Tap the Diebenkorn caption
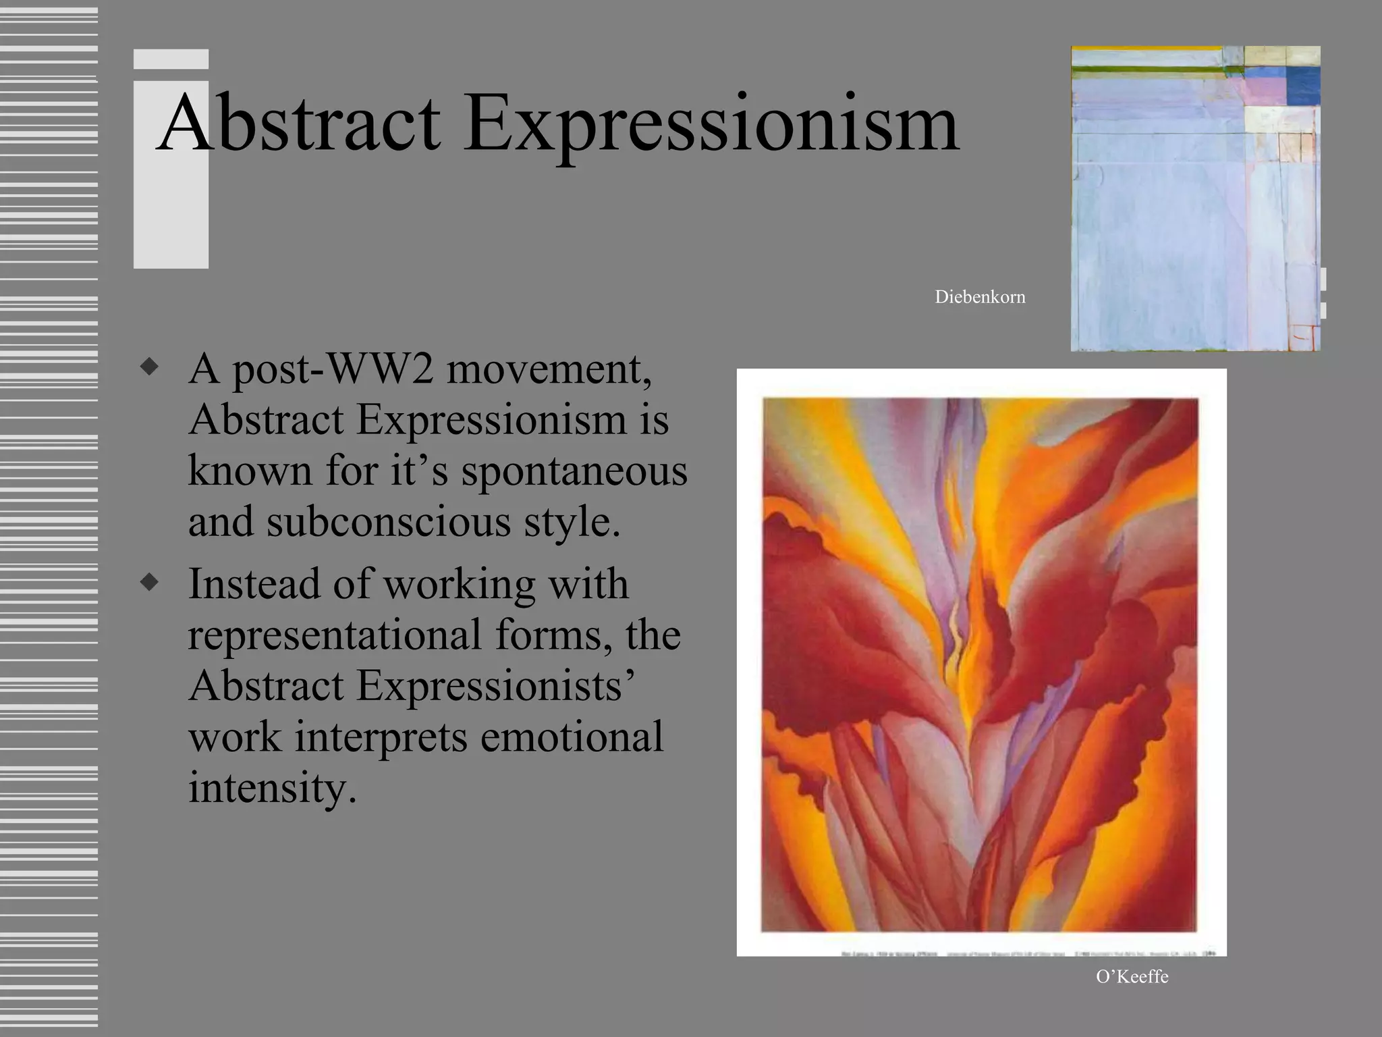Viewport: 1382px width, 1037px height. pyautogui.click(x=979, y=297)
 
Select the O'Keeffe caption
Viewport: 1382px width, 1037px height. pyautogui.click(x=1132, y=977)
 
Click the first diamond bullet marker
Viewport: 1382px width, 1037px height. pyautogui.click(x=150, y=368)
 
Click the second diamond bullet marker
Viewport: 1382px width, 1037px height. pyautogui.click(x=150, y=583)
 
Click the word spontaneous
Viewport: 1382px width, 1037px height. pyautogui.click(x=574, y=471)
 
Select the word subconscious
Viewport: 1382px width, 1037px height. pyautogui.click(x=389, y=521)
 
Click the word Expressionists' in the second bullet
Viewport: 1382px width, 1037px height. pyautogui.click(x=495, y=685)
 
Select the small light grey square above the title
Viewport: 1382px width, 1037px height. pyautogui.click(x=171, y=59)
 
